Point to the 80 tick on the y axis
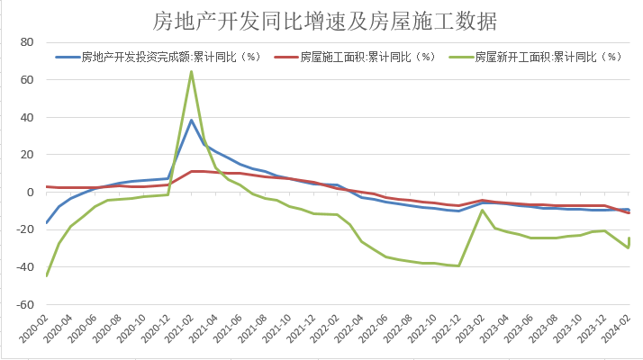(26, 42)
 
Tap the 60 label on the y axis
(26, 80)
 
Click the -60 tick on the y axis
(24, 305)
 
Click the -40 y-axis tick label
(24, 267)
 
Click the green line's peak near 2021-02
(192, 72)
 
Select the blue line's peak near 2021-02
(192, 121)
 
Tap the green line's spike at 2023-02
(484, 211)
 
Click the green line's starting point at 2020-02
(46, 275)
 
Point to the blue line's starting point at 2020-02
(46, 222)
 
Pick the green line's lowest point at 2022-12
(459, 265)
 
